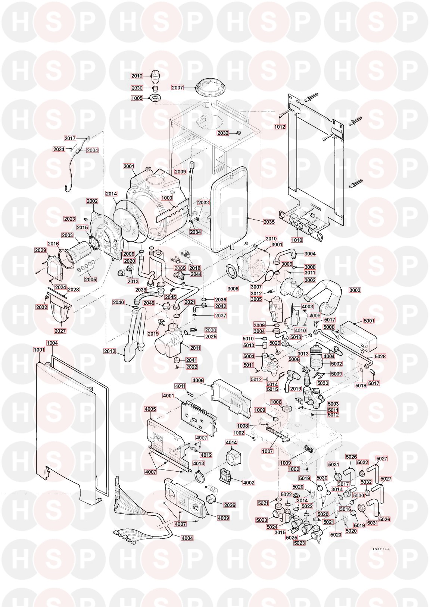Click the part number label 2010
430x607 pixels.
coord(137,76)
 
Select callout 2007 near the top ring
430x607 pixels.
coord(178,88)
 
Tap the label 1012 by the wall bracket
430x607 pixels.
coord(280,127)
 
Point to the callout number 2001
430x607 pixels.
coord(129,166)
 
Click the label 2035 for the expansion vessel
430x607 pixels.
coord(269,222)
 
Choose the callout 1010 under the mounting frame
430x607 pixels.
coord(297,240)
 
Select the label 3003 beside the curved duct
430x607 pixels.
coord(355,290)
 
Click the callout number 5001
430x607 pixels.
coord(369,321)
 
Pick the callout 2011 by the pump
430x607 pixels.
coord(195,348)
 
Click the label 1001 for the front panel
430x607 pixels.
coord(39,350)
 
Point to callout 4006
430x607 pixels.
coord(198,380)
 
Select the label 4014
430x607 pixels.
coord(231,443)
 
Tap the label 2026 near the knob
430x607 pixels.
coord(230,505)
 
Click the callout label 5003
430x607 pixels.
coord(333,404)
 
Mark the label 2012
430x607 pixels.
coord(110,351)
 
